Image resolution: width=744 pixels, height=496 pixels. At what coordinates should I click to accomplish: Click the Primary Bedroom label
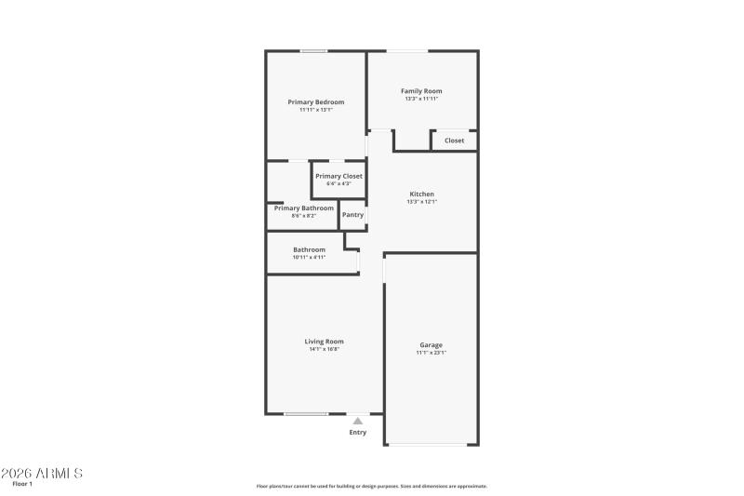pyautogui.click(x=315, y=101)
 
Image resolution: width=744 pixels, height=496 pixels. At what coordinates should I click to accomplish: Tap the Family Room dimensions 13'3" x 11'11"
pyautogui.click(x=421, y=99)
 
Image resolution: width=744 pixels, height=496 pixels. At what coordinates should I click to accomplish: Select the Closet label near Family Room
pyautogui.click(x=454, y=141)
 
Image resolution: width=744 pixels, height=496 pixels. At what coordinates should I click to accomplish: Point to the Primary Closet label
pyautogui.click(x=339, y=176)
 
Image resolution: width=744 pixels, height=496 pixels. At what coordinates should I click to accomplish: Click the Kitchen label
pyautogui.click(x=421, y=194)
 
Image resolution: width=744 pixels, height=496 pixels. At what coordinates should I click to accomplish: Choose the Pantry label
pyautogui.click(x=352, y=215)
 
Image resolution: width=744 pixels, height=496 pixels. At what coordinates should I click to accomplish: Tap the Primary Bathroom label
pyautogui.click(x=303, y=208)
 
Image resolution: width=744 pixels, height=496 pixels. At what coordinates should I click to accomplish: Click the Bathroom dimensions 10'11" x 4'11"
pyautogui.click(x=309, y=257)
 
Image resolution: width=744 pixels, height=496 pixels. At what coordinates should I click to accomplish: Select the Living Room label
pyautogui.click(x=324, y=342)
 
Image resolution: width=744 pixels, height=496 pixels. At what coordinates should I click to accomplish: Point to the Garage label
pyautogui.click(x=431, y=345)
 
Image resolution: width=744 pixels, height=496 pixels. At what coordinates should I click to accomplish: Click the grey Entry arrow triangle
pyautogui.click(x=357, y=422)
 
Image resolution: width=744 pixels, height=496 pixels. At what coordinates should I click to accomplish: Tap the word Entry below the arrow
pyautogui.click(x=357, y=432)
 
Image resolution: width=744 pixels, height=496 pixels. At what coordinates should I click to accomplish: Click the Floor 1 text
pyautogui.click(x=22, y=484)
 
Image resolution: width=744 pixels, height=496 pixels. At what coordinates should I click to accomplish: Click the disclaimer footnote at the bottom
pyautogui.click(x=371, y=486)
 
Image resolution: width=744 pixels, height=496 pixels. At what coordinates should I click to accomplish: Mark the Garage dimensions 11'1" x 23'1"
pyautogui.click(x=431, y=353)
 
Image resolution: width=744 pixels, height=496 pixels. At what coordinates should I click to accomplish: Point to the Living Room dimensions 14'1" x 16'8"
pyautogui.click(x=324, y=349)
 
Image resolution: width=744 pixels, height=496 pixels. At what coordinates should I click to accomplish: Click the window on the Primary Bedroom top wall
pyautogui.click(x=313, y=51)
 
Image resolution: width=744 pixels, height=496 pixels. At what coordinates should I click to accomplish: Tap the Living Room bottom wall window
pyautogui.click(x=305, y=414)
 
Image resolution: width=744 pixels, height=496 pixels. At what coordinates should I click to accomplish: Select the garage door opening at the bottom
pyautogui.click(x=432, y=444)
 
